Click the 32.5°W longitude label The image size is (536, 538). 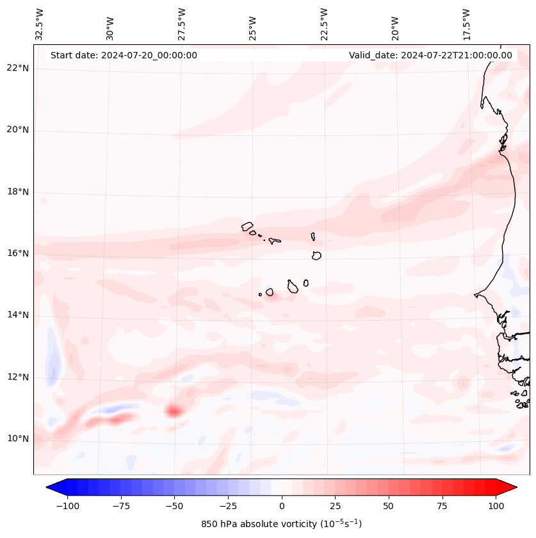point(40,24)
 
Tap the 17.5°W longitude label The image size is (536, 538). point(466,24)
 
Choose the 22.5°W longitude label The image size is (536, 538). point(324,24)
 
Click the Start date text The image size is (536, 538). point(124,55)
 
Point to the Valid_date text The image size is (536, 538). point(430,55)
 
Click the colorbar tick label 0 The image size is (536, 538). point(281,506)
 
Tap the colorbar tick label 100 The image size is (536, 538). point(496,506)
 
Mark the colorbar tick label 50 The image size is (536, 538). point(388,506)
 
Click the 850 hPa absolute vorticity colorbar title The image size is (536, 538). point(281,524)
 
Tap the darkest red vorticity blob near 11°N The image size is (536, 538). point(174,410)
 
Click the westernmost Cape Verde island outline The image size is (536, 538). point(248,226)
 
